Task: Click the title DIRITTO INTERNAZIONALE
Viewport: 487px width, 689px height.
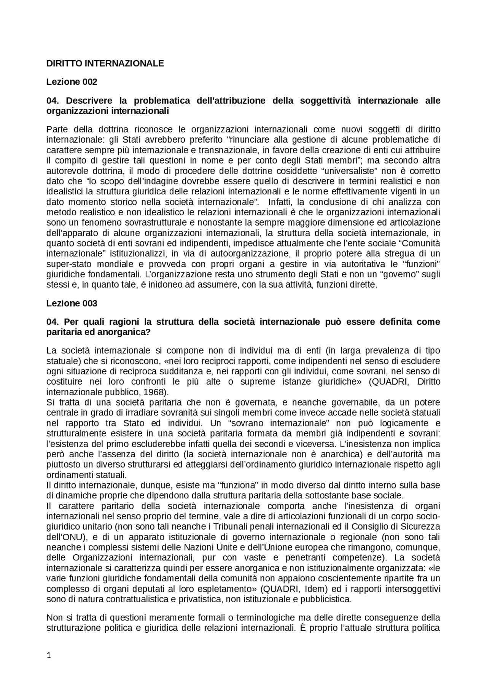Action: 105,64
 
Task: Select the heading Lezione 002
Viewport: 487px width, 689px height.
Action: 72,82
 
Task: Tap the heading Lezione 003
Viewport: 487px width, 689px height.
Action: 72,303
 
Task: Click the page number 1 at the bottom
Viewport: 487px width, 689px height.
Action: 48,655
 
